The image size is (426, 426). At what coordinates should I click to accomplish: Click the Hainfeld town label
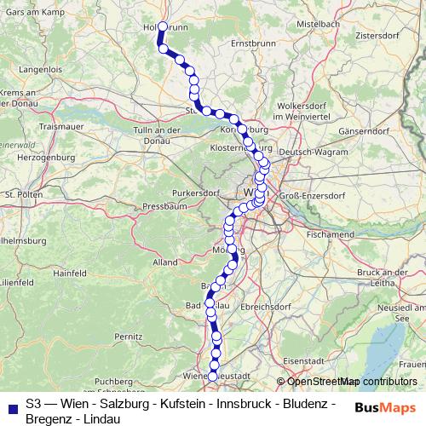(69, 273)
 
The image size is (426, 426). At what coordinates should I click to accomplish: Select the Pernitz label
(128, 337)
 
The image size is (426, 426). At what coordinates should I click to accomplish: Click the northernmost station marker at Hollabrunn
(162, 26)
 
